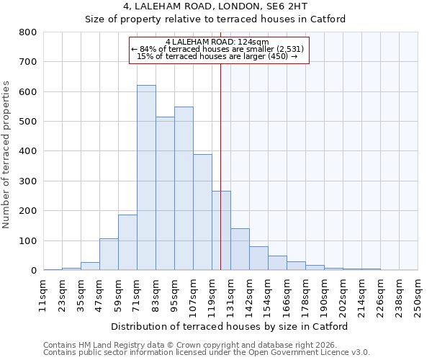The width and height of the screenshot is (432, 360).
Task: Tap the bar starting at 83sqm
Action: tap(165, 194)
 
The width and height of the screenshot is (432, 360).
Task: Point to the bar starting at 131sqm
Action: tap(240, 249)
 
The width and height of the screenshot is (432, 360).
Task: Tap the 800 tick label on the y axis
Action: tap(27, 32)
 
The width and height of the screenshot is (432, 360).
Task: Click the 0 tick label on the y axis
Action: tap(33, 271)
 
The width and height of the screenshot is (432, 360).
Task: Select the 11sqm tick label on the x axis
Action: tap(43, 295)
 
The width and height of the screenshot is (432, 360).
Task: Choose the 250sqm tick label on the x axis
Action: tap(418, 295)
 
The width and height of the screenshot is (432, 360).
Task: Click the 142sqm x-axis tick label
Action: tap(249, 295)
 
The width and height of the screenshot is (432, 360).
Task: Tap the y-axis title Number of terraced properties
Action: tap(7, 155)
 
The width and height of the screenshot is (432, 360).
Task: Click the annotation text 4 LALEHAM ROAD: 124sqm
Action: tap(217, 42)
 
